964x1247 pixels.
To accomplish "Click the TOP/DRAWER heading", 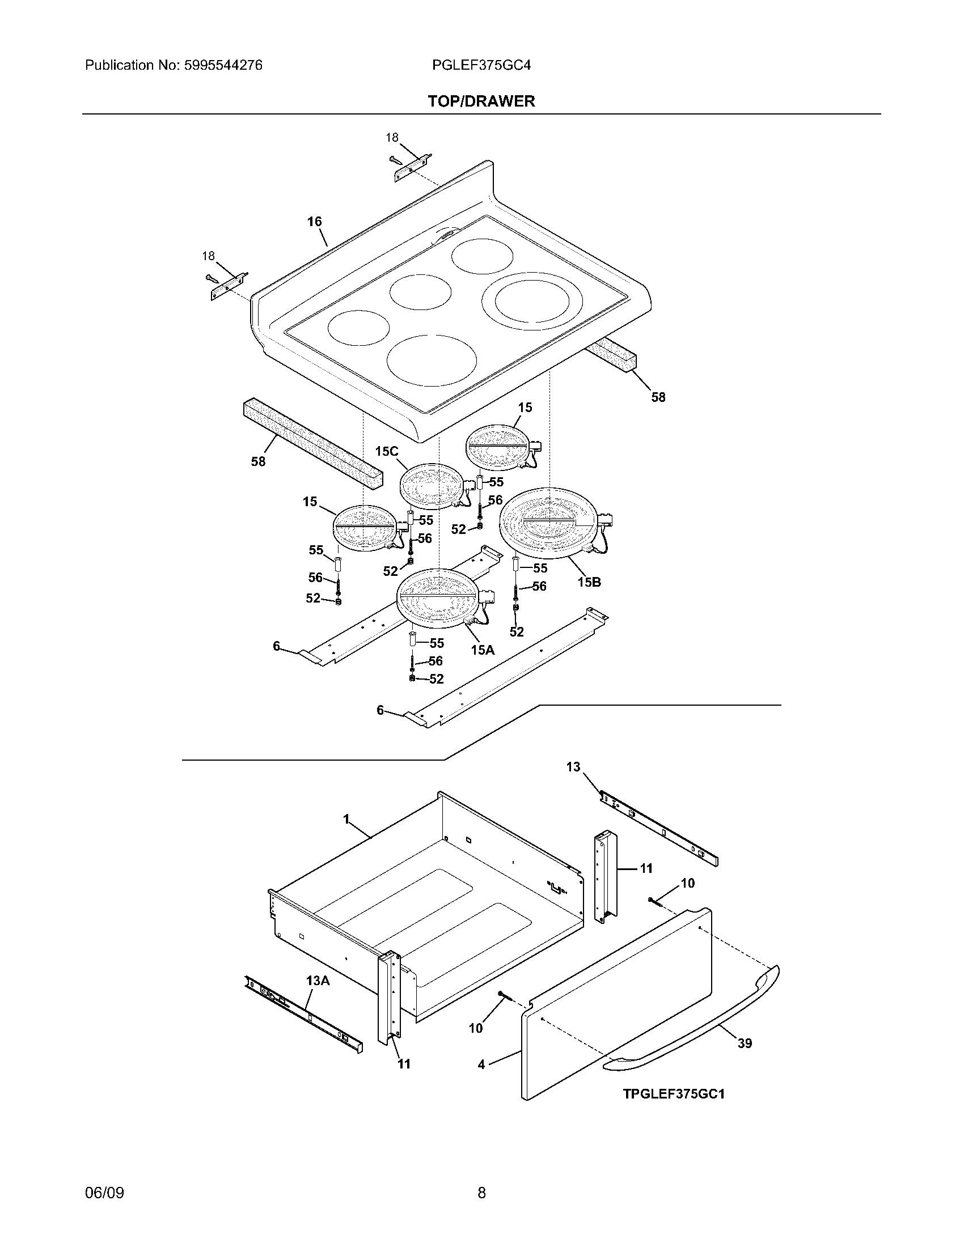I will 481,101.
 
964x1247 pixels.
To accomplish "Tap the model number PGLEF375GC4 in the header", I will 481,66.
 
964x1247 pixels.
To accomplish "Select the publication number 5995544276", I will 223,66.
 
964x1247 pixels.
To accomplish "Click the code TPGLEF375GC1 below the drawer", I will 673,1095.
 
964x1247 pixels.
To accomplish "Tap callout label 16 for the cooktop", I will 315,222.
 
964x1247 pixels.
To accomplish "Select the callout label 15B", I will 589,582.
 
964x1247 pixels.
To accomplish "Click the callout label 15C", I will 386,452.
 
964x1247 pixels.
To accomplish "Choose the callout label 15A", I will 483,650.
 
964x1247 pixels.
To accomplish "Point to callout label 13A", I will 318,981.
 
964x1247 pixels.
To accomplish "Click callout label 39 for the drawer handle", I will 744,1044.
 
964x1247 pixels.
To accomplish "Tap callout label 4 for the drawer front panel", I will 481,1064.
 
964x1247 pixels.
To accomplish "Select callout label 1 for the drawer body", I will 346,820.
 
